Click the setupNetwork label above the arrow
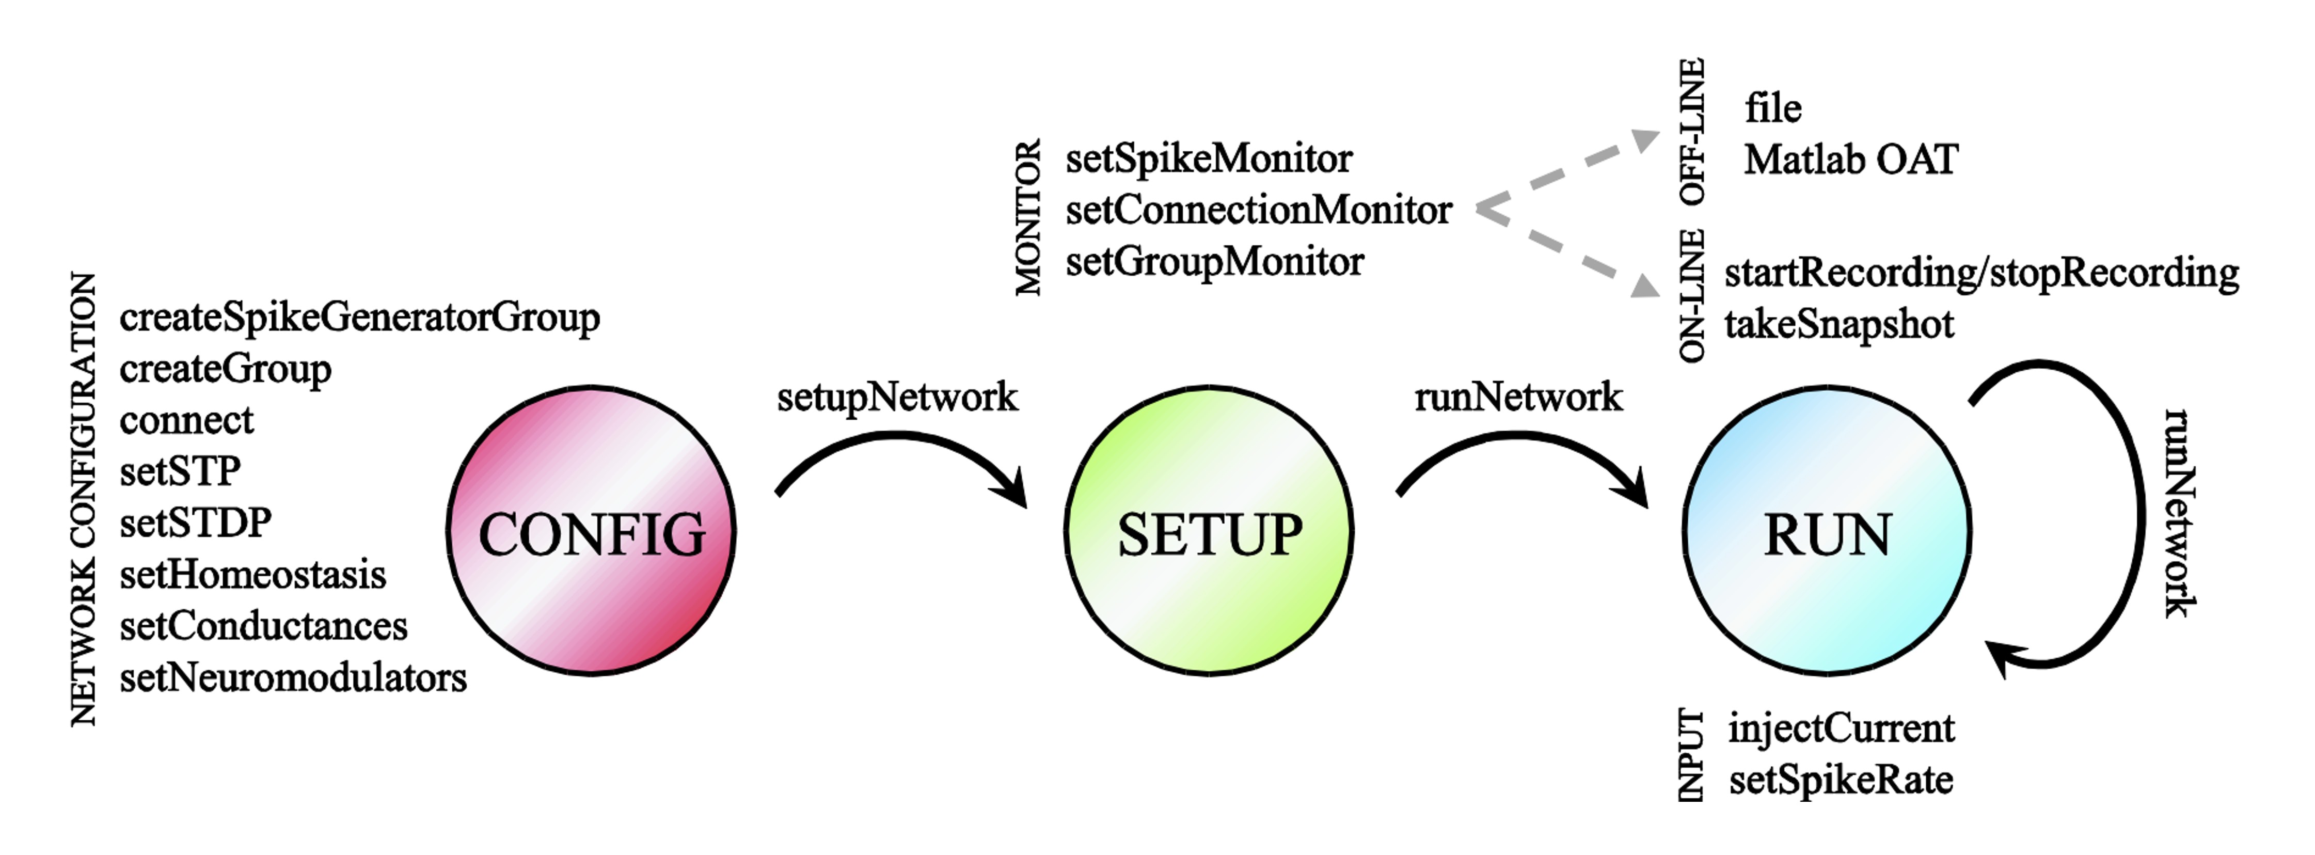click(x=897, y=397)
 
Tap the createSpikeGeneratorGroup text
click(x=359, y=318)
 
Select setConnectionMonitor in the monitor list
click(x=1258, y=210)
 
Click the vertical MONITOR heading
click(x=1027, y=217)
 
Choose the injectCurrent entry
click(x=1841, y=728)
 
